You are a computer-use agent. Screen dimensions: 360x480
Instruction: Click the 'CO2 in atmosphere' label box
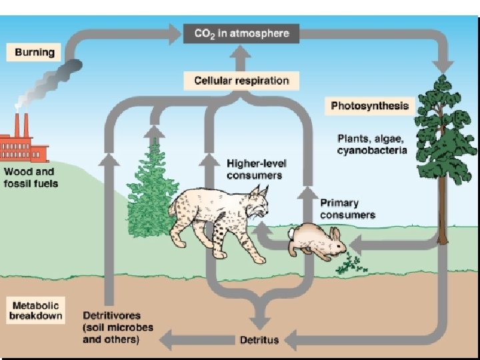tap(241, 33)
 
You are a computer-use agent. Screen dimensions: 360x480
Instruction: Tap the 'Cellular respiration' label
tap(241, 81)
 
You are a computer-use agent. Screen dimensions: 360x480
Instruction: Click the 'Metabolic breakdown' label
tap(35, 310)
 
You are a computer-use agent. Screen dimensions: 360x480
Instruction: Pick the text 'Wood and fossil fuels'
tap(31, 177)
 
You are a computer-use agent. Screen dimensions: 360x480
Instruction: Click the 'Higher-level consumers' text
tap(255, 169)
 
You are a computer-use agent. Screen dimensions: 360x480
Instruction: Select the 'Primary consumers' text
tap(348, 209)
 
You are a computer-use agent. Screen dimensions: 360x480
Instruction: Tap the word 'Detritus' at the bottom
tap(259, 340)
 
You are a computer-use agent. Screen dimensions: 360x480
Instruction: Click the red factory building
tap(25, 144)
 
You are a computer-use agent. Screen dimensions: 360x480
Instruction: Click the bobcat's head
tap(257, 203)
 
